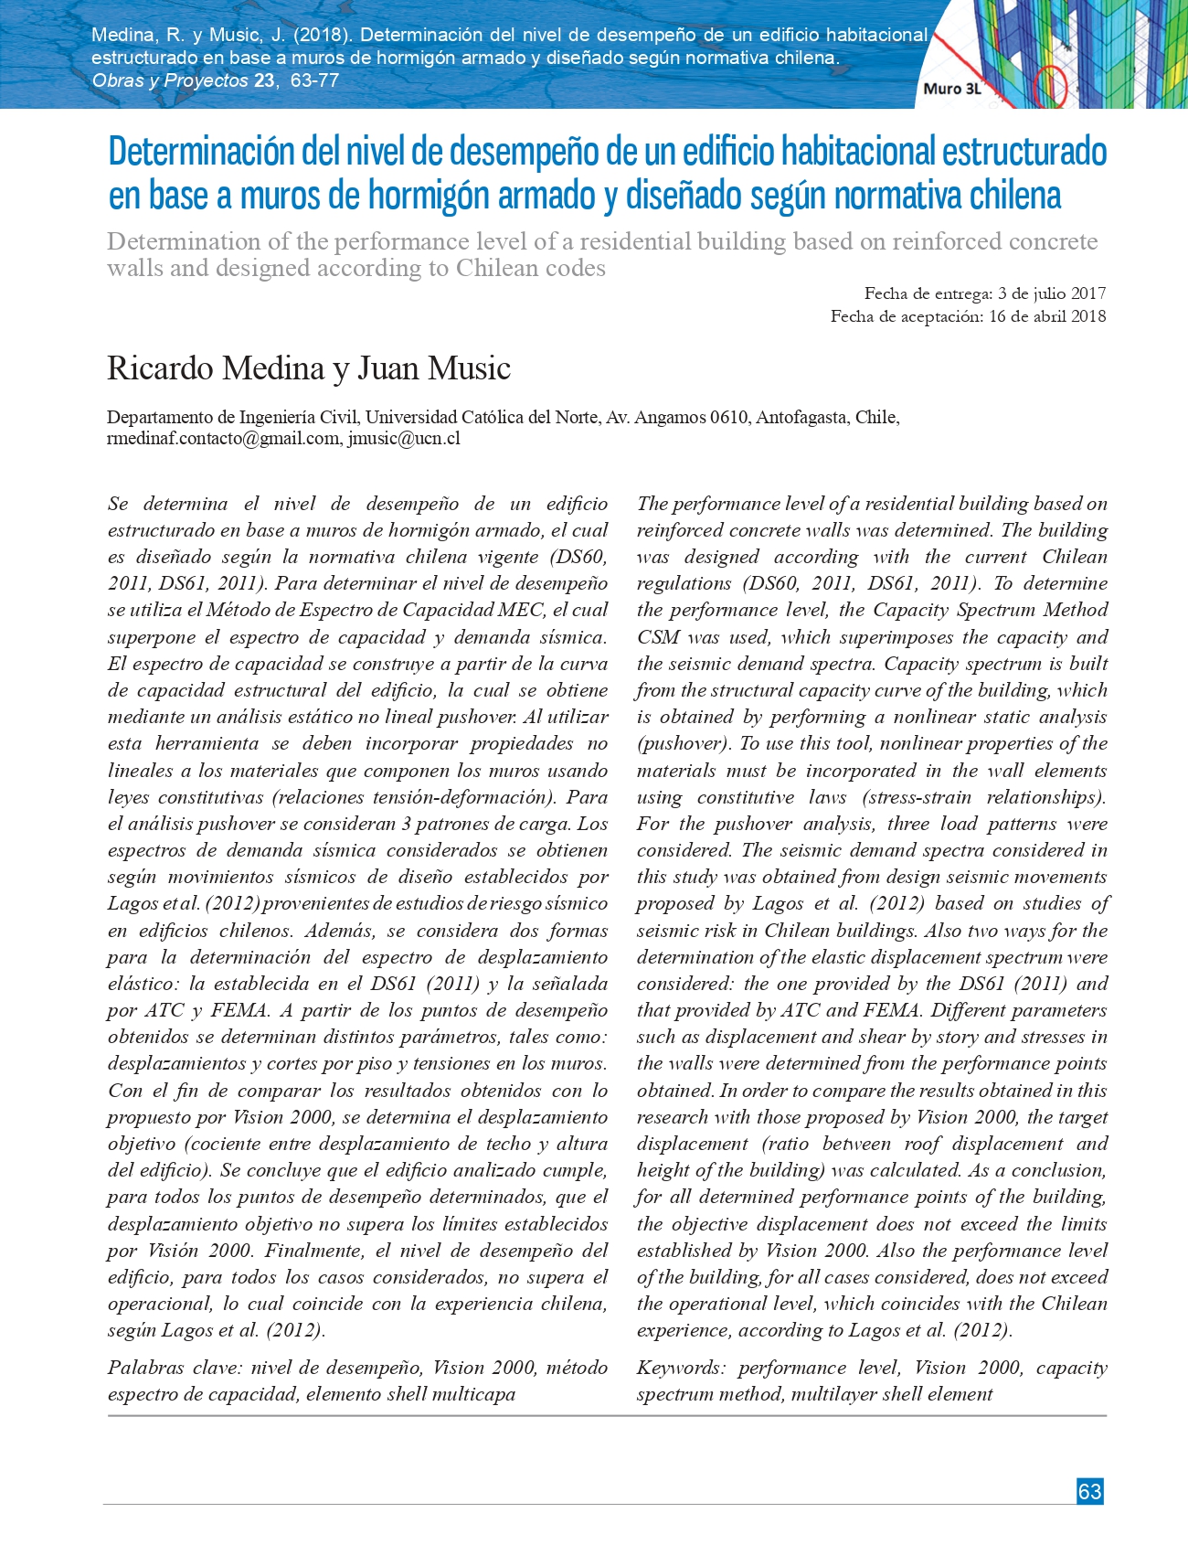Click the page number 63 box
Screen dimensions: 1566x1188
click(1089, 1491)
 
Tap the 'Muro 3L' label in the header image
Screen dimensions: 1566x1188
click(951, 89)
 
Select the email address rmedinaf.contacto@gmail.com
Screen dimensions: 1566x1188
click(223, 438)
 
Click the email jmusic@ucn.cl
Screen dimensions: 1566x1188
click(404, 438)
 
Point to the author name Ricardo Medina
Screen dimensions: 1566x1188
click(216, 368)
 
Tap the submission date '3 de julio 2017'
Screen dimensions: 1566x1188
click(1052, 293)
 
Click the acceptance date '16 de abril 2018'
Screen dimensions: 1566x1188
click(1047, 316)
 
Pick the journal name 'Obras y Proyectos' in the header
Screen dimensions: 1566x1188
click(170, 80)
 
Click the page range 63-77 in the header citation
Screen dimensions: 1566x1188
click(315, 80)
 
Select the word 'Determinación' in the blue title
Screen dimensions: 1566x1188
click(202, 152)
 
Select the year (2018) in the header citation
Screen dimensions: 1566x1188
click(323, 36)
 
